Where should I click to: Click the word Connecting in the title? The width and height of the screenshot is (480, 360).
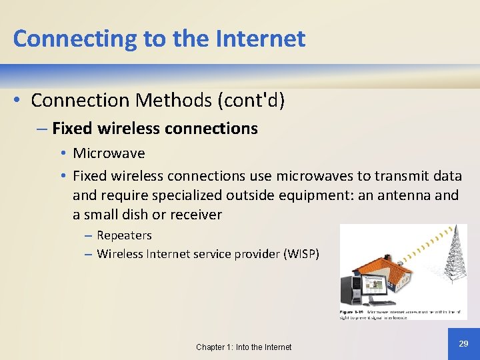[x=75, y=39]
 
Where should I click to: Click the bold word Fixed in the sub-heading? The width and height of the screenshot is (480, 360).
[x=71, y=129]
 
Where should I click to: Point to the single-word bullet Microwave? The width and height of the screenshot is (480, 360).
[x=109, y=153]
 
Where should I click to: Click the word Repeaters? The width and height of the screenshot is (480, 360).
[x=124, y=235]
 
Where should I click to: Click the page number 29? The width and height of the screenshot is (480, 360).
[x=463, y=343]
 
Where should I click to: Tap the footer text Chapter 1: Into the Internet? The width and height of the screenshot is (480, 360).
[x=243, y=347]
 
